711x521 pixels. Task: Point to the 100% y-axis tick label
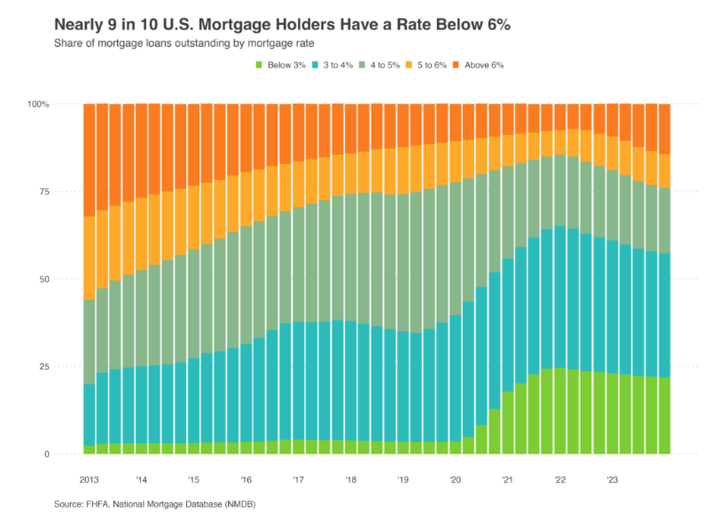pos(39,105)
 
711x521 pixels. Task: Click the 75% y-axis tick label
pos(42,192)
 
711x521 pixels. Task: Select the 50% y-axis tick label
pos(42,280)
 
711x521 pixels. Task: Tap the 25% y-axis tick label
pos(42,367)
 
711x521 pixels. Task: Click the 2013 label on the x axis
pos(90,479)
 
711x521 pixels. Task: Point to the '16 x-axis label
pos(246,479)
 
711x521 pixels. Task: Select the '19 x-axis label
pos(402,479)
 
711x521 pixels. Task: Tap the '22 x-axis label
pos(559,479)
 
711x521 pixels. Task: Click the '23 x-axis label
pos(612,479)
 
